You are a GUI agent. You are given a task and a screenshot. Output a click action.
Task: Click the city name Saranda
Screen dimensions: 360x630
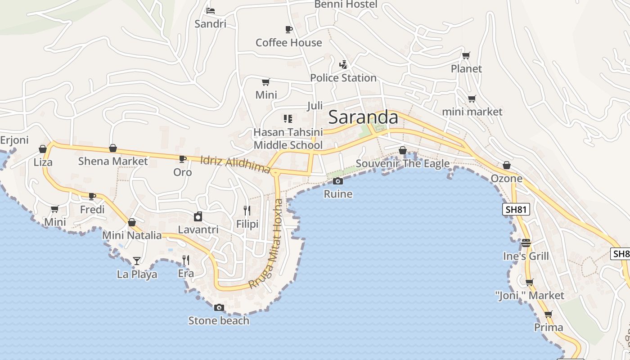363,117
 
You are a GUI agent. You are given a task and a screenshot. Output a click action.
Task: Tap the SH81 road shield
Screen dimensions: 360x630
516,209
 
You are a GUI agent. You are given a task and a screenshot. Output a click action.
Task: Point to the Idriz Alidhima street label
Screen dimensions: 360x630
235,164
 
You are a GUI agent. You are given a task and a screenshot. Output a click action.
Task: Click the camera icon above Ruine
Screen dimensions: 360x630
337,181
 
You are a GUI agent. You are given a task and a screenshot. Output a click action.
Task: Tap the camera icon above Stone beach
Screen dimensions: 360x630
219,307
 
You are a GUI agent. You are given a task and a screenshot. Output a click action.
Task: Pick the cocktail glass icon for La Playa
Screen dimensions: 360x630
136,261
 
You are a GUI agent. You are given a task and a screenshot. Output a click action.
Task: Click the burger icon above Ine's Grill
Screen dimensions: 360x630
526,243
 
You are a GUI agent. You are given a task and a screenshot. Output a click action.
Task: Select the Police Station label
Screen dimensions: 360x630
343,78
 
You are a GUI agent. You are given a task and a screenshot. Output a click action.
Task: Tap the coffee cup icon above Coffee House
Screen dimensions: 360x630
288,30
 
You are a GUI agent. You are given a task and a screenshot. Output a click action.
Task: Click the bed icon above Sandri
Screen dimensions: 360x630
210,10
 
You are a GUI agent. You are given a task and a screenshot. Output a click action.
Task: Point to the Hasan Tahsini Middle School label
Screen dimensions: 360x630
288,139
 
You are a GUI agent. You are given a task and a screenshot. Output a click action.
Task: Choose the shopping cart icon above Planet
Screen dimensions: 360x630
466,56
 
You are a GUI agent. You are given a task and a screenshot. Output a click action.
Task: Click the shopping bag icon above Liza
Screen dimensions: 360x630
43,149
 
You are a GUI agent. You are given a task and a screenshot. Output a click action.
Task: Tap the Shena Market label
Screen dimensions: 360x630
112,161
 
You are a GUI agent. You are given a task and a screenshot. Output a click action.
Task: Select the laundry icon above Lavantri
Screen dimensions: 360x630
198,217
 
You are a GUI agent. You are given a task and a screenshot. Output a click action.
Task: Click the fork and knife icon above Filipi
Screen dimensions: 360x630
247,211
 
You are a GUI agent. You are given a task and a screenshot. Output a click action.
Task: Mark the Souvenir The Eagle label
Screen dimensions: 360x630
402,163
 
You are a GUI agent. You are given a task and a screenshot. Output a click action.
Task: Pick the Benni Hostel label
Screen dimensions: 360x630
346,4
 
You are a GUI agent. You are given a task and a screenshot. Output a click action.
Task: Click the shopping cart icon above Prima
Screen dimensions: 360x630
548,314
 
